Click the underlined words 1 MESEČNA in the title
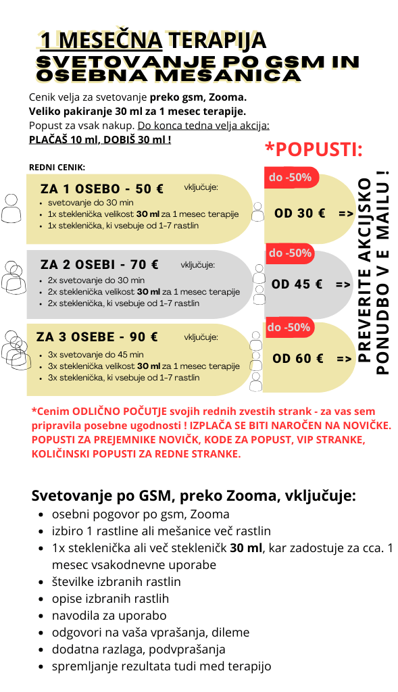101,41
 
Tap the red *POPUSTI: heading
314,149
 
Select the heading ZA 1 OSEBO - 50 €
102,189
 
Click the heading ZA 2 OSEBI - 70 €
100,264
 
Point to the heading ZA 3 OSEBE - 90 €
97,337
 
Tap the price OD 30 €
300,213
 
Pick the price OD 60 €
298,358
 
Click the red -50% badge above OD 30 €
291,178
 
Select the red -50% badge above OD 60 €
289,328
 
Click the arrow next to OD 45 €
343,285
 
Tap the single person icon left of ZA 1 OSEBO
11,208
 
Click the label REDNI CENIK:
57,168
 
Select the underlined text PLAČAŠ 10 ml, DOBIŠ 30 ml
99,140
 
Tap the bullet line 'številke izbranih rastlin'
116,581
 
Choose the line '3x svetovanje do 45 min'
96,354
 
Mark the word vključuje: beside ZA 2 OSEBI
198,264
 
